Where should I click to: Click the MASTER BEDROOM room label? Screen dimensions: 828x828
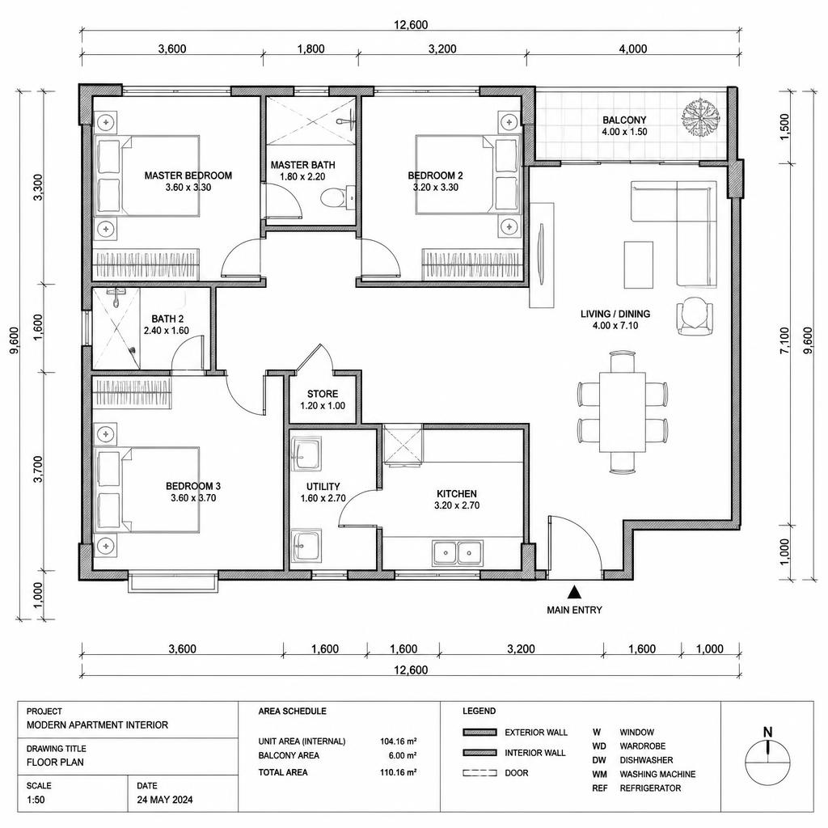pyautogui.click(x=188, y=175)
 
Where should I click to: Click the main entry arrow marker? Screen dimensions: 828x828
pyautogui.click(x=574, y=591)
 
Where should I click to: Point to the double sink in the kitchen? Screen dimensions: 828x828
pyautogui.click(x=458, y=553)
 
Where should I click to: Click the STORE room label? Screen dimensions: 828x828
pyautogui.click(x=323, y=394)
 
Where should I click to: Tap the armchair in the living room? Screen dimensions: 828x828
pyautogui.click(x=695, y=316)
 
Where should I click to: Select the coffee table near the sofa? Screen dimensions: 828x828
pyautogui.click(x=639, y=264)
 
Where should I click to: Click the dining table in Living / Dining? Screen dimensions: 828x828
pyautogui.click(x=623, y=412)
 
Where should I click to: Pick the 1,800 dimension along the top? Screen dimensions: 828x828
pyautogui.click(x=310, y=49)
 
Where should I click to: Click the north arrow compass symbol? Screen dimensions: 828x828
pyautogui.click(x=767, y=758)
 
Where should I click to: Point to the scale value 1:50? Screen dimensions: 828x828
pyautogui.click(x=36, y=800)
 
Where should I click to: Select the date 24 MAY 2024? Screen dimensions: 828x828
pyautogui.click(x=165, y=800)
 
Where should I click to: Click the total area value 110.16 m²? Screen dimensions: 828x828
pyautogui.click(x=398, y=772)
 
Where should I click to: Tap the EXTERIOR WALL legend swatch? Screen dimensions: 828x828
pyautogui.click(x=479, y=733)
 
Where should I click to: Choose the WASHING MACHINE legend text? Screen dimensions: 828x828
pyautogui.click(x=657, y=774)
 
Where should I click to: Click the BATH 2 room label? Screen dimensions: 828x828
pyautogui.click(x=167, y=319)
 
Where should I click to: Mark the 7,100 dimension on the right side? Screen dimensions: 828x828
pyautogui.click(x=784, y=340)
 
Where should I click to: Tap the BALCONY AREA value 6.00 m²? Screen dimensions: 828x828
pyautogui.click(x=403, y=755)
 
